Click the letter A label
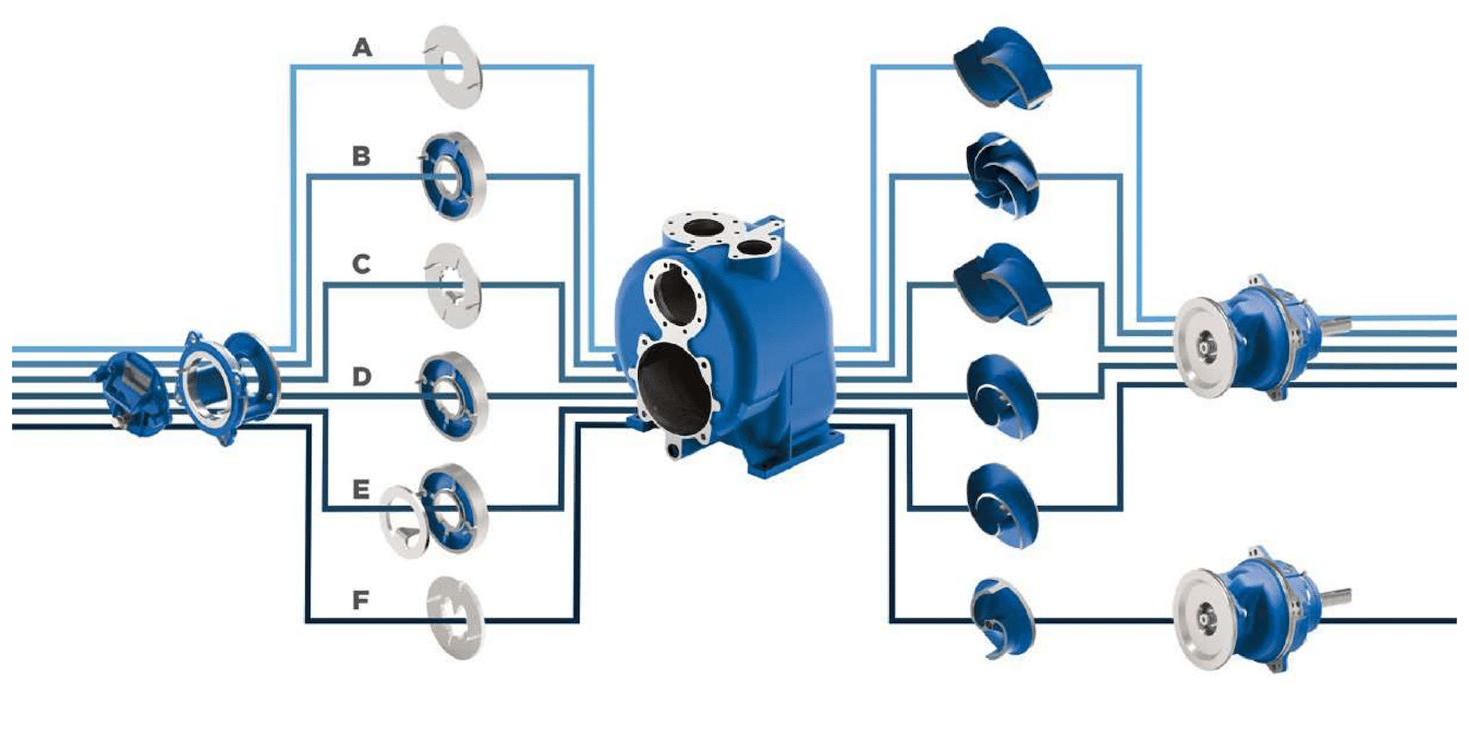[x=361, y=48]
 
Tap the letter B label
[x=361, y=156]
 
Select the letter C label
[x=361, y=264]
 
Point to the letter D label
[x=361, y=376]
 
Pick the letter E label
[x=361, y=489]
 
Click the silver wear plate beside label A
[x=453, y=67]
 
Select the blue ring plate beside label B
[x=453, y=176]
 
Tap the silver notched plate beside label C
[x=453, y=286]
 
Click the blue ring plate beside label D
[x=454, y=396]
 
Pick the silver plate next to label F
[x=455, y=618]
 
